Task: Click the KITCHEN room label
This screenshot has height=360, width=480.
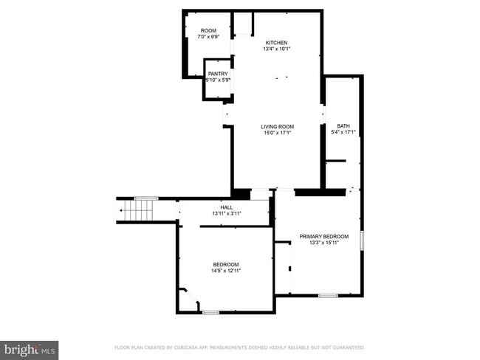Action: click(x=277, y=43)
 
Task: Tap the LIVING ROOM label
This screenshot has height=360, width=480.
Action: click(x=278, y=127)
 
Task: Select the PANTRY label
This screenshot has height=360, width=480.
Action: click(x=218, y=74)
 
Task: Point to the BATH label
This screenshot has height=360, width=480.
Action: click(x=343, y=126)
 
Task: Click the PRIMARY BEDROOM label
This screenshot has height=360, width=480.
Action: click(x=324, y=236)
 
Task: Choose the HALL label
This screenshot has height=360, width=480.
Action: click(x=227, y=207)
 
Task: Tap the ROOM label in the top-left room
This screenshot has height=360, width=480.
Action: click(x=208, y=30)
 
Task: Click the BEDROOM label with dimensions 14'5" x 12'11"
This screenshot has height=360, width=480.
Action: click(x=226, y=265)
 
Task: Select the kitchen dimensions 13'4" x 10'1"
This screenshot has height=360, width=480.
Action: click(x=277, y=49)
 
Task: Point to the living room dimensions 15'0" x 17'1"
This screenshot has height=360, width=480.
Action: click(x=278, y=134)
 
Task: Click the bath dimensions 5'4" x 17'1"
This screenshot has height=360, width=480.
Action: click(x=343, y=133)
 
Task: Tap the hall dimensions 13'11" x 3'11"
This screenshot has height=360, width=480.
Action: click(x=227, y=214)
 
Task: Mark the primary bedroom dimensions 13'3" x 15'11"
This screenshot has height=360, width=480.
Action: click(x=324, y=243)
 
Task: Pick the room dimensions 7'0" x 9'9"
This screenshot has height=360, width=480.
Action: click(x=208, y=37)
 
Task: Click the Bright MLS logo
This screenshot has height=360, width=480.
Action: click(x=30, y=348)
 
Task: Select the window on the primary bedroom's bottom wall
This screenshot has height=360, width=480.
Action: click(x=328, y=296)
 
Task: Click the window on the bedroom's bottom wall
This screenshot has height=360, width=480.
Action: click(x=210, y=313)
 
